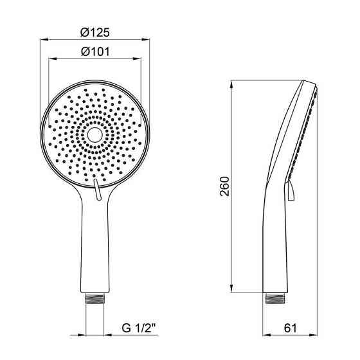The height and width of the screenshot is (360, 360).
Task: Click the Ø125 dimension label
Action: point(95,31)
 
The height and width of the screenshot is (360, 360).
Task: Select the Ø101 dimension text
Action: point(95,51)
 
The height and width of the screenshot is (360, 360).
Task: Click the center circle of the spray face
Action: point(95,135)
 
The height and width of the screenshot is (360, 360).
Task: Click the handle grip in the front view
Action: point(95,251)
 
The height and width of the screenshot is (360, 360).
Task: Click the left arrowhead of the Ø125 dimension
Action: point(45,39)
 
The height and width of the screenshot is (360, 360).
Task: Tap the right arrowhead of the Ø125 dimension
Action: point(147,39)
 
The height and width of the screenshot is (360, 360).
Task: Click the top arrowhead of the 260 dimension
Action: point(232,85)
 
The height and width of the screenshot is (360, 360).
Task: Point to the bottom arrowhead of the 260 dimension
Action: point(232,290)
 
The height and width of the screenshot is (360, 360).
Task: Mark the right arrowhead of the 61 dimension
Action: point(315,335)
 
